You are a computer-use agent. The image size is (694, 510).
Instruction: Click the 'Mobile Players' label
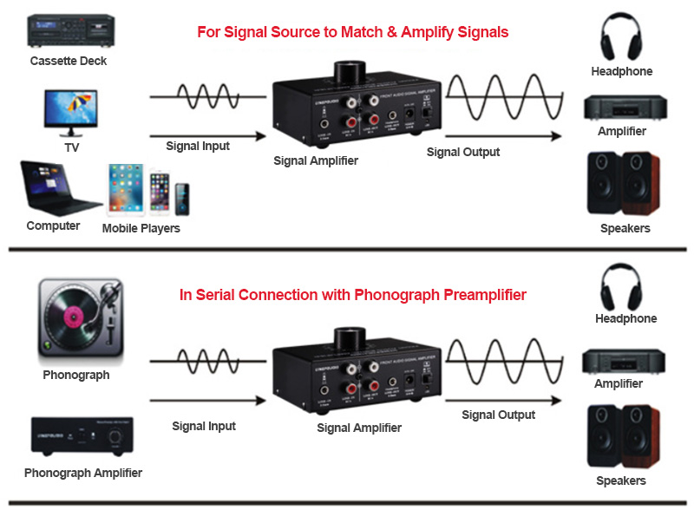[141, 228]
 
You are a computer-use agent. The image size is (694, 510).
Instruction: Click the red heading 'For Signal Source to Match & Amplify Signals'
[352, 32]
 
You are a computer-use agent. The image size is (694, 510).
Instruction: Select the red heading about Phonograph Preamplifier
[352, 295]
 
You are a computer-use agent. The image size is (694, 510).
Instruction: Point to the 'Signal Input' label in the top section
[198, 146]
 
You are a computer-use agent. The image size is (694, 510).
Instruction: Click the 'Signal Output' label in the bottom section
[499, 415]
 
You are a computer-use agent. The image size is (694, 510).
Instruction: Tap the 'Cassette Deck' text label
[69, 61]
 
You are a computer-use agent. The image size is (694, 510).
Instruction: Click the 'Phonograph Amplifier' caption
[83, 473]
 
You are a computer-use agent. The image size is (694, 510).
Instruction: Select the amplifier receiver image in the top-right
[622, 106]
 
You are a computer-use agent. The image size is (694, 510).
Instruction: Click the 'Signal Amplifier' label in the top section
[316, 160]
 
